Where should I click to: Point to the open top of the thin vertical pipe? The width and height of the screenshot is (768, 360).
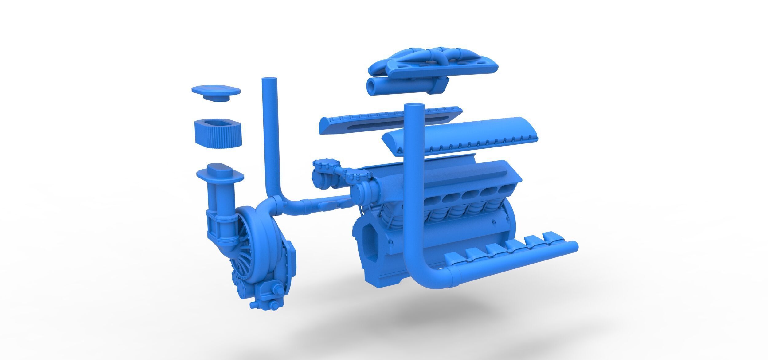[270, 80]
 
